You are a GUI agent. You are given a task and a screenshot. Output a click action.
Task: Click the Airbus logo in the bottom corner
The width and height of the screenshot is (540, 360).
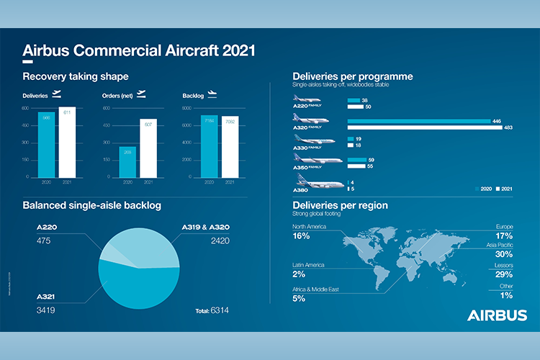pos(497,315)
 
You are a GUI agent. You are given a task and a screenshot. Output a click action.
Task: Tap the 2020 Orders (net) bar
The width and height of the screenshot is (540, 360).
pos(127,161)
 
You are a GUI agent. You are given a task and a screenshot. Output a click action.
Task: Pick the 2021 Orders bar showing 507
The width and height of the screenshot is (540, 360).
pos(148,148)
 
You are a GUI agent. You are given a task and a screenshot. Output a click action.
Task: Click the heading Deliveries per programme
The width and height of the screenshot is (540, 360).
pos(352,76)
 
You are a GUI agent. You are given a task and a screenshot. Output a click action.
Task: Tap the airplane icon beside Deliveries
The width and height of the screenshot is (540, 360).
pos(57,94)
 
